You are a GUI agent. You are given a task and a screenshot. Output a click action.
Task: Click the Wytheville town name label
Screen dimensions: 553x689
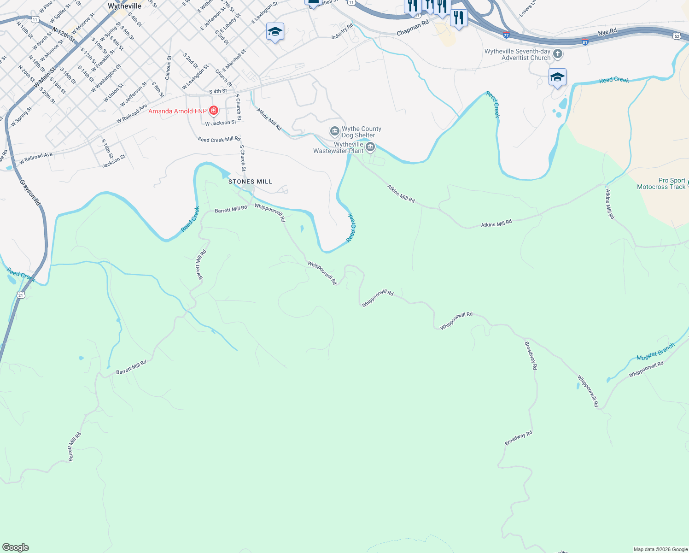(124, 6)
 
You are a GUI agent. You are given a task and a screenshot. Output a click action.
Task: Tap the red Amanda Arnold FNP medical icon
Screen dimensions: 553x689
(214, 111)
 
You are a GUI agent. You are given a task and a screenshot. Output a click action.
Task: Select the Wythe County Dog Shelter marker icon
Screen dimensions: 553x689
(335, 132)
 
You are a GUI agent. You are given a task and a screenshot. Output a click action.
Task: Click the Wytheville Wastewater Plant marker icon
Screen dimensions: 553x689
(370, 147)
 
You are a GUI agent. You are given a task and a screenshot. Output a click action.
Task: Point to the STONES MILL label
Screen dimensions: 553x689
(251, 182)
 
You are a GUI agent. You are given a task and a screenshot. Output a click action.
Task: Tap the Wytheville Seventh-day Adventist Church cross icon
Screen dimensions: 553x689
(558, 54)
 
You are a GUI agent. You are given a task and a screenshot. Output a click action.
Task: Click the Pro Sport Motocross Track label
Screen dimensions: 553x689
(661, 183)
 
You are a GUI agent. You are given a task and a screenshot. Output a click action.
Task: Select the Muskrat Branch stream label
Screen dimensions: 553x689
(655, 352)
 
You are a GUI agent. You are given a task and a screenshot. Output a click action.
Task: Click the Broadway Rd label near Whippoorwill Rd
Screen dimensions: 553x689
(531, 355)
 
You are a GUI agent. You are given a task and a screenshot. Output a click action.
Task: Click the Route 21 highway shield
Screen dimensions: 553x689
(21, 295)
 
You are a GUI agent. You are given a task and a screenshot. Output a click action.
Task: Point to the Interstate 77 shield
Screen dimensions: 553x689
(507, 35)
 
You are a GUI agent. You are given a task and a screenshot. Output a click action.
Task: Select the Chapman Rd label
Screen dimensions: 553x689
(413, 28)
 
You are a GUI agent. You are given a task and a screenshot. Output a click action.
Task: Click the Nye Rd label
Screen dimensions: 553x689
(607, 32)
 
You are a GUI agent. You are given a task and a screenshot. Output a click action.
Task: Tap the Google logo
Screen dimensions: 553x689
(16, 547)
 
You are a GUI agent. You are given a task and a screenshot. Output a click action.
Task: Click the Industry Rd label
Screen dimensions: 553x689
(342, 31)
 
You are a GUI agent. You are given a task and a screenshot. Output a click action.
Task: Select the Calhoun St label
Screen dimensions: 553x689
(168, 67)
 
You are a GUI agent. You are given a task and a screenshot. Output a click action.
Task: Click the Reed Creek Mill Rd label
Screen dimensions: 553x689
(219, 139)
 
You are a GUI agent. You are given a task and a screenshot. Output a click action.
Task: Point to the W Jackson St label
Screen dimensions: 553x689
(221, 123)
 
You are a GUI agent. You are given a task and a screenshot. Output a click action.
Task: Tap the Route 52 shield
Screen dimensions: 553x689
(676, 36)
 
